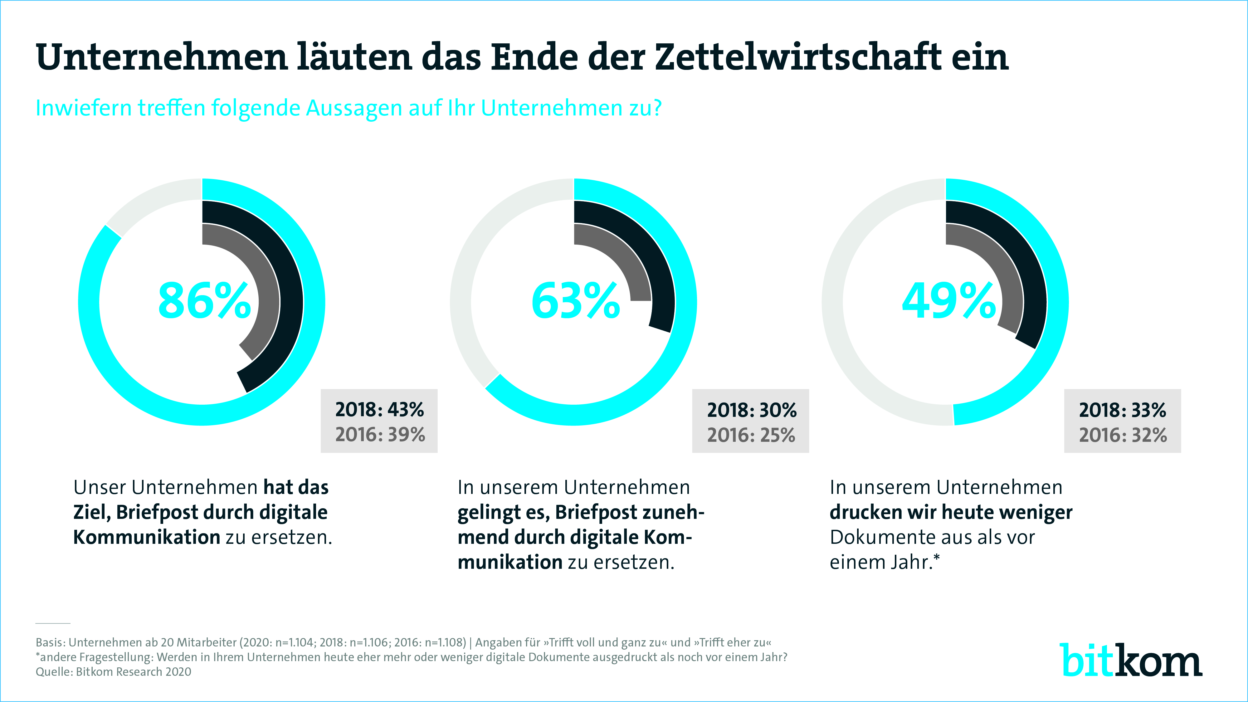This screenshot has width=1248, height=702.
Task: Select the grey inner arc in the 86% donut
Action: click(x=262, y=271)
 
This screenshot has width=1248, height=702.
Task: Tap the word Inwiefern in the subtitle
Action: click(x=83, y=108)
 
